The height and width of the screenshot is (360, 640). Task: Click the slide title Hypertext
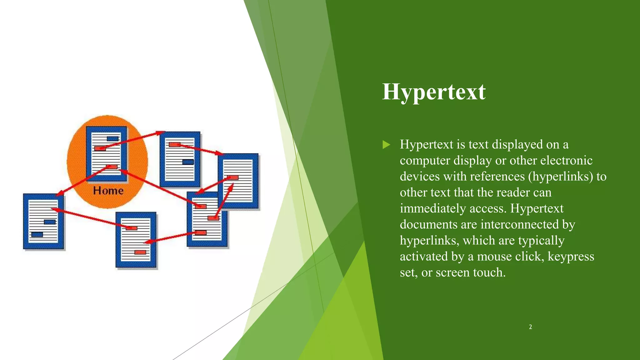[x=434, y=92]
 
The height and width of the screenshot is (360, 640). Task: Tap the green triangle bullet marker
[x=386, y=145]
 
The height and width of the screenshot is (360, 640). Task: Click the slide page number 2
[x=530, y=327]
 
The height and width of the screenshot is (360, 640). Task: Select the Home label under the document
[x=108, y=191]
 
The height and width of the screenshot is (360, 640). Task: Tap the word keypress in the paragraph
[x=571, y=257]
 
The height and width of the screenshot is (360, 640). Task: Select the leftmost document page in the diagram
[x=43, y=221]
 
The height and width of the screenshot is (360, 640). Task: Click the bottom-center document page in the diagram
[x=136, y=240]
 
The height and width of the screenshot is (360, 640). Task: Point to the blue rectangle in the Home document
[x=112, y=139]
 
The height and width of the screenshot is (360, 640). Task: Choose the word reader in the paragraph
[x=510, y=193]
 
